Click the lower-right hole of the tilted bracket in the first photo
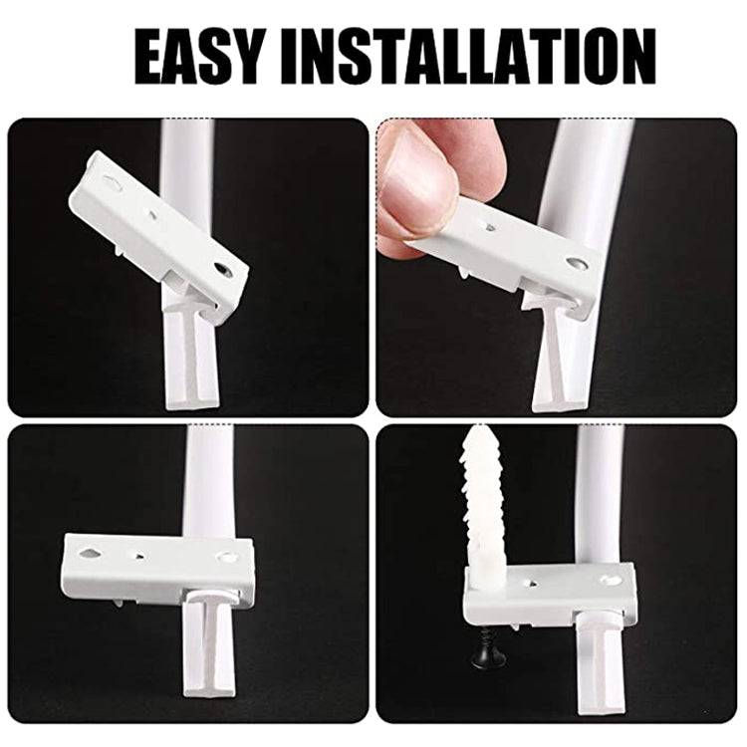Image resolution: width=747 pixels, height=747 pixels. [x=223, y=269]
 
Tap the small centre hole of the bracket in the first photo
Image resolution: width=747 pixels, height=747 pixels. [x=151, y=211]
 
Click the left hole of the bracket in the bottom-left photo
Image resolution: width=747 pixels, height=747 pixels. [x=91, y=546]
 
